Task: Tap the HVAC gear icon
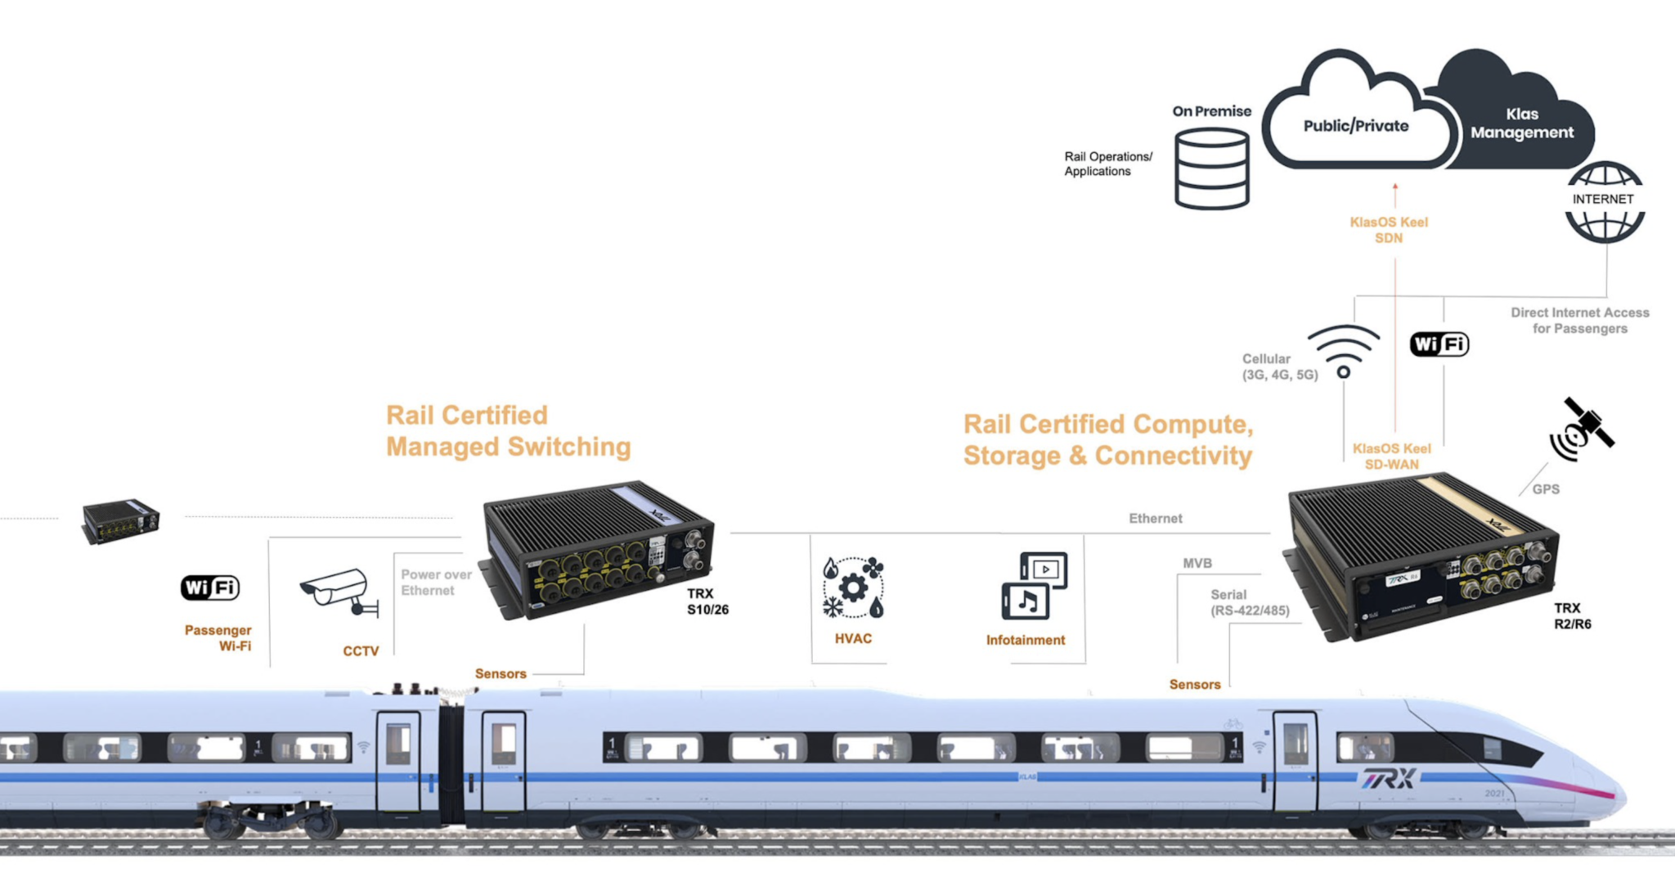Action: pyautogui.click(x=853, y=587)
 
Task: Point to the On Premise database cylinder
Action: pyautogui.click(x=1211, y=169)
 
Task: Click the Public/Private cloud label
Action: pyautogui.click(x=1355, y=126)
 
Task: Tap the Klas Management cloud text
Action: pyautogui.click(x=1521, y=124)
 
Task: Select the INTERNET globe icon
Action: pyautogui.click(x=1605, y=201)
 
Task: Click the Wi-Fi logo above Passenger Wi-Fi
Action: pyautogui.click(x=210, y=587)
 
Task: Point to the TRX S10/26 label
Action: pyautogui.click(x=707, y=601)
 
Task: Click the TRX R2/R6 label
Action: pyautogui.click(x=1572, y=616)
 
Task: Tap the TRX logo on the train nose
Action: pyautogui.click(x=1389, y=778)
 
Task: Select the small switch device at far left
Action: pyautogui.click(x=121, y=520)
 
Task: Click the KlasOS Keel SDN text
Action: pyautogui.click(x=1389, y=230)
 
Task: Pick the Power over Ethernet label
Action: pyautogui.click(x=436, y=583)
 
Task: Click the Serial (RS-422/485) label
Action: pyautogui.click(x=1249, y=603)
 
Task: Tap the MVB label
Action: pyautogui.click(x=1197, y=564)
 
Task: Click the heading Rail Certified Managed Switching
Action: pyautogui.click(x=508, y=431)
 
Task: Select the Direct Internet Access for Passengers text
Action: pyautogui.click(x=1579, y=321)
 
